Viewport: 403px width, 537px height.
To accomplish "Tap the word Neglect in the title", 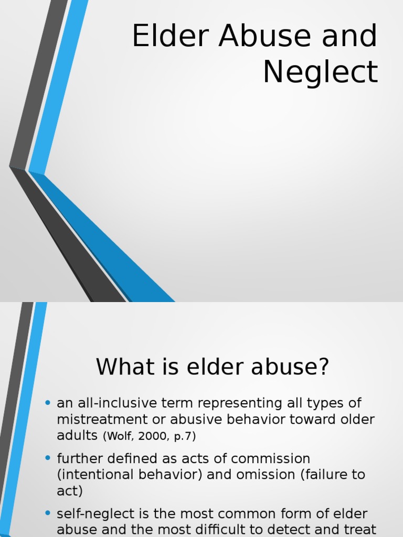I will tap(320, 72).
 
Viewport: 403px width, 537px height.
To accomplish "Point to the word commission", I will tap(271, 458).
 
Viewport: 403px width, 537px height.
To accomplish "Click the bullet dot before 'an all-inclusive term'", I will tap(48, 403).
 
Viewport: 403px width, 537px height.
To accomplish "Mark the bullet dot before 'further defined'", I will tap(48, 458).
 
